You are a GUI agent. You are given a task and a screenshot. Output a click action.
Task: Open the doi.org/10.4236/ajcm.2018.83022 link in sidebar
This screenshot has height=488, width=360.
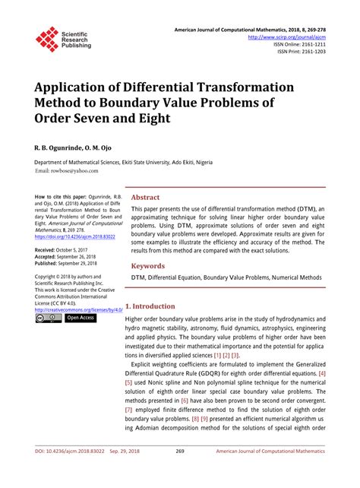click(73, 237)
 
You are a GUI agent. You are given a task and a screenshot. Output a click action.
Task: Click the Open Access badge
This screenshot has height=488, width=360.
click(80, 318)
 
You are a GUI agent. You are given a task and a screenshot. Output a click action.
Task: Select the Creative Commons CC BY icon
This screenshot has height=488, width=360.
click(48, 318)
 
